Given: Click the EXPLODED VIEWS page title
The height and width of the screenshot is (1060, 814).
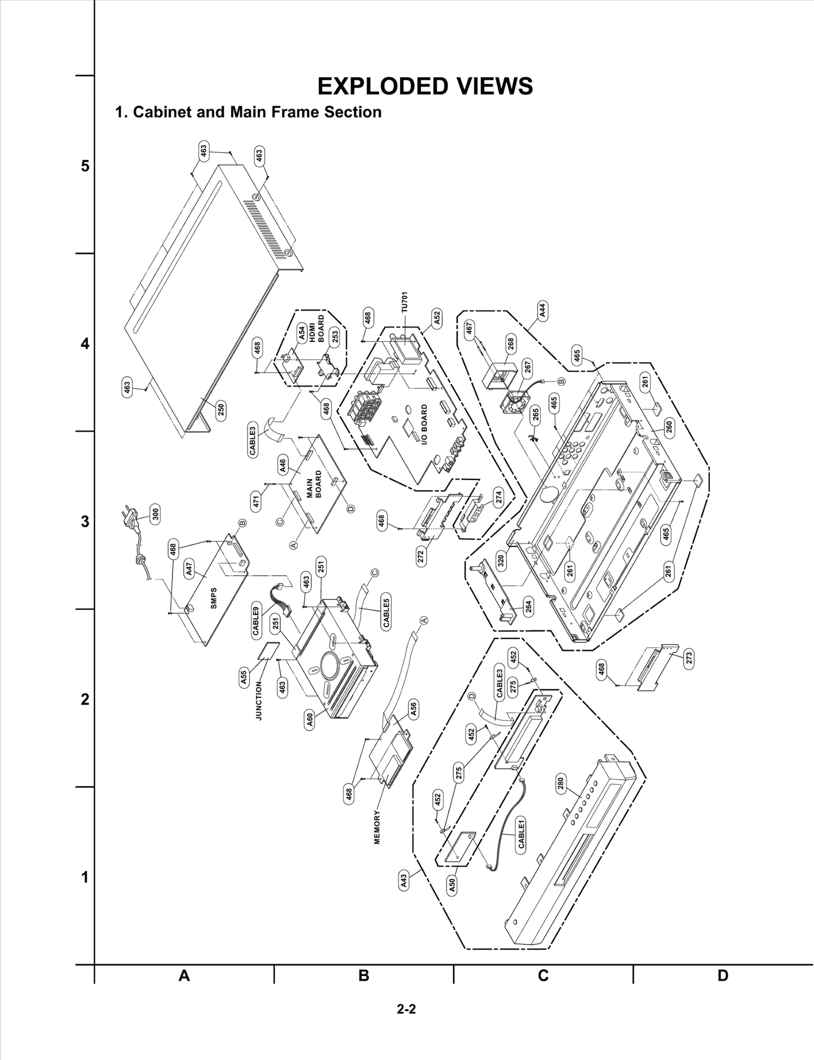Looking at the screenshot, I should [x=425, y=87].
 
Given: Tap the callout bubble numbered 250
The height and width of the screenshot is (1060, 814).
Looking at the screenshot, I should [x=221, y=409].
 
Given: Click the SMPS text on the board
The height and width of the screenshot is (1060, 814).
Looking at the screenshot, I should [x=214, y=598].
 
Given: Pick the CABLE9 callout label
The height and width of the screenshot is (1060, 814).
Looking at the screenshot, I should [x=256, y=621].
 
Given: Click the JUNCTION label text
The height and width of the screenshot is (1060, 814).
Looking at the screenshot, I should [x=258, y=701].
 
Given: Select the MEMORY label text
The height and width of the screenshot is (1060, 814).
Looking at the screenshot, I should [x=377, y=827].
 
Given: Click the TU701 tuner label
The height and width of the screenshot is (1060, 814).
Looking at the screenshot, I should [x=404, y=302].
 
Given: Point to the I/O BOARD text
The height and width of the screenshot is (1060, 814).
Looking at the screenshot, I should [x=424, y=426].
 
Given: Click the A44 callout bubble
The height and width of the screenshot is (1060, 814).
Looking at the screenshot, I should [x=542, y=311].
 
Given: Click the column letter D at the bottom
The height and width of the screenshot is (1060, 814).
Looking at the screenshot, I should [x=723, y=975].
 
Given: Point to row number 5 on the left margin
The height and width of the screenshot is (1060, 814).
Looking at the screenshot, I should [x=85, y=166].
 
